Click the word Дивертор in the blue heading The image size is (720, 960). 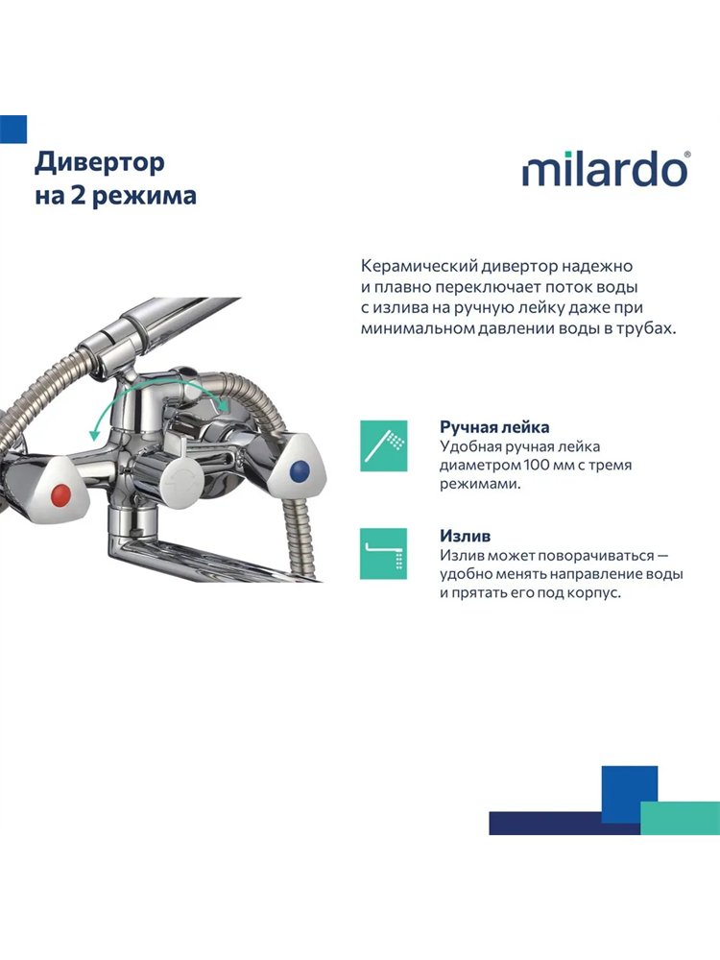pos(100,163)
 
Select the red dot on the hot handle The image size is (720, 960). pos(61,494)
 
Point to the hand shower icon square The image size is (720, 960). pos(384,445)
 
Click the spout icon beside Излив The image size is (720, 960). pos(384,554)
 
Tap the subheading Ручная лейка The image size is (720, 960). pos(494,427)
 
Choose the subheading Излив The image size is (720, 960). pos(465,536)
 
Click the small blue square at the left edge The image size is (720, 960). pos(12,130)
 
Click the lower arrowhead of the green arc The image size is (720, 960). pos(94,434)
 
